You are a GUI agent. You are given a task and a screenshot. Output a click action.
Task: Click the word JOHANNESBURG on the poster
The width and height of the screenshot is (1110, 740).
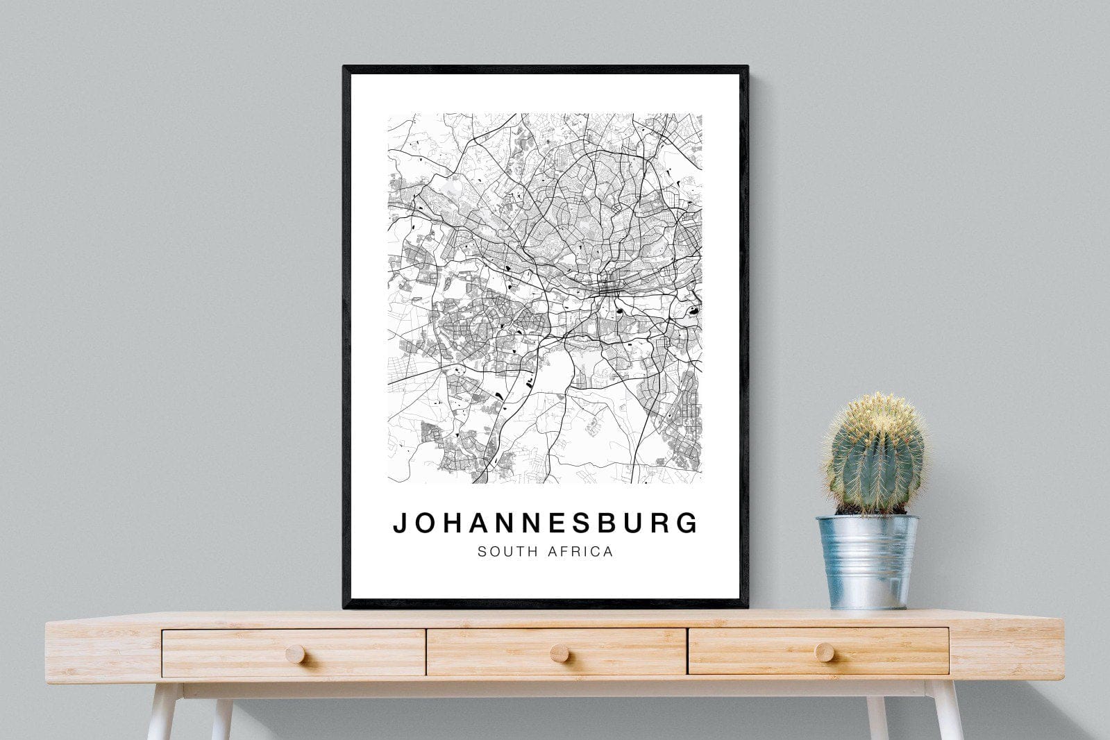point(546,523)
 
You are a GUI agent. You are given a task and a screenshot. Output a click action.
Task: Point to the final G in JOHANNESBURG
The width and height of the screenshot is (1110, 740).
point(688,523)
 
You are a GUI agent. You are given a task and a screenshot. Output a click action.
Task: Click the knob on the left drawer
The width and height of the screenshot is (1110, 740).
point(295,653)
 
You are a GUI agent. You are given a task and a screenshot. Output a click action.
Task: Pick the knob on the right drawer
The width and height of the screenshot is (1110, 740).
point(825,651)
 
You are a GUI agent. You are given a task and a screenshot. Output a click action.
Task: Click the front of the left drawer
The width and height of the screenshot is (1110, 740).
point(229,653)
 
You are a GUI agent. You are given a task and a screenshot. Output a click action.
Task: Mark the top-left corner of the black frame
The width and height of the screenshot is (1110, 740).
point(345,68)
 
